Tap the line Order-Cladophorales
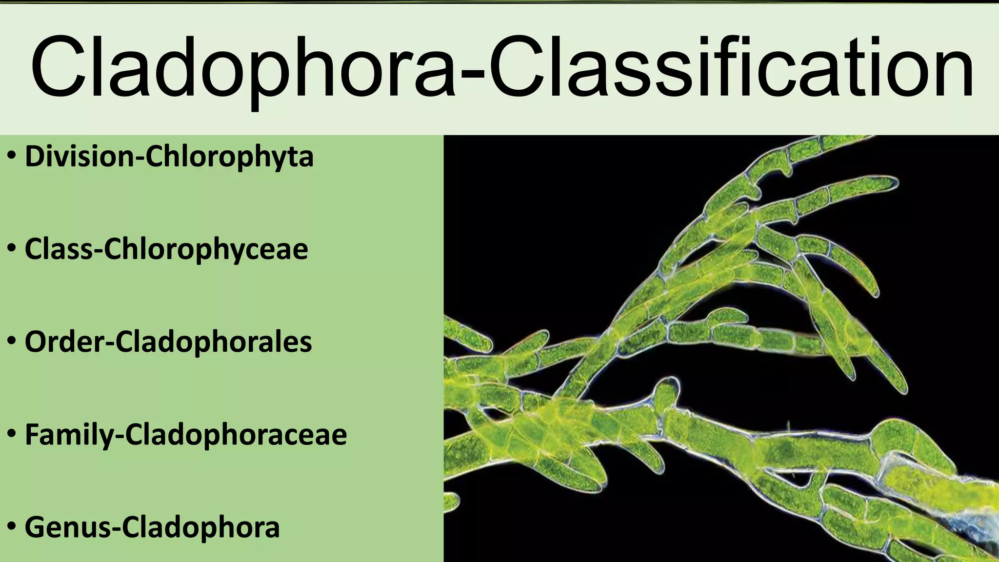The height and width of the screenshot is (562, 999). pyautogui.click(x=168, y=341)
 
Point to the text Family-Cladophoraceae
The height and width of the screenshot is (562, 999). pyautogui.click(x=185, y=434)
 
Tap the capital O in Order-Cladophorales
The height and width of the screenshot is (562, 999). pyautogui.click(x=36, y=342)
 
